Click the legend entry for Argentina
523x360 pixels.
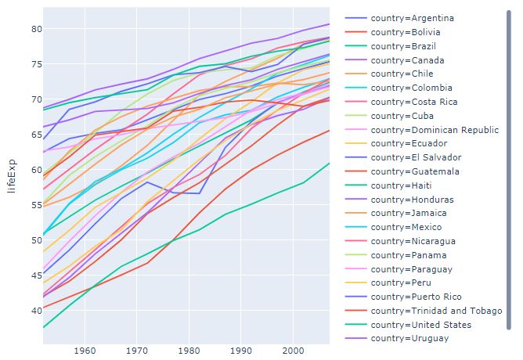412,18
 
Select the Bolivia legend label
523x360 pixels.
406,32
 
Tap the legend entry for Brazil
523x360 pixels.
402,46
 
